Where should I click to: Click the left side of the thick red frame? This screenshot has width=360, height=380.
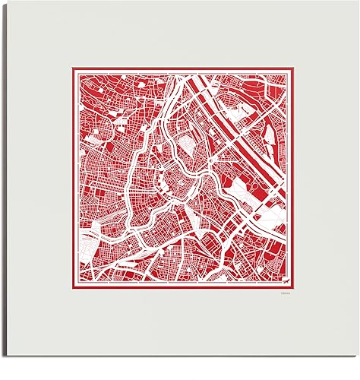pos(73,179)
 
